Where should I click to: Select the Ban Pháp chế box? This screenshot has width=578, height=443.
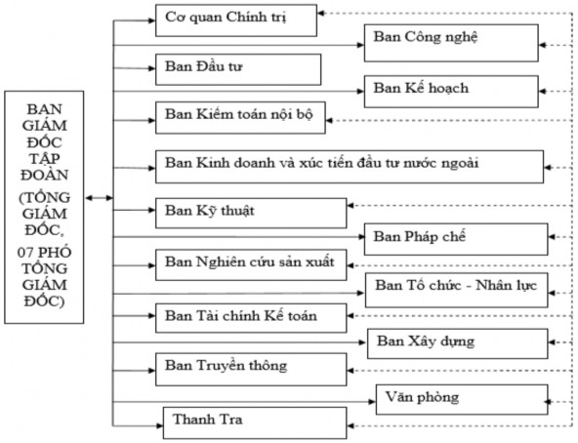point(454,238)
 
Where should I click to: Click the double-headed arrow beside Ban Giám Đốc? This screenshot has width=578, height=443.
point(98,198)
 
